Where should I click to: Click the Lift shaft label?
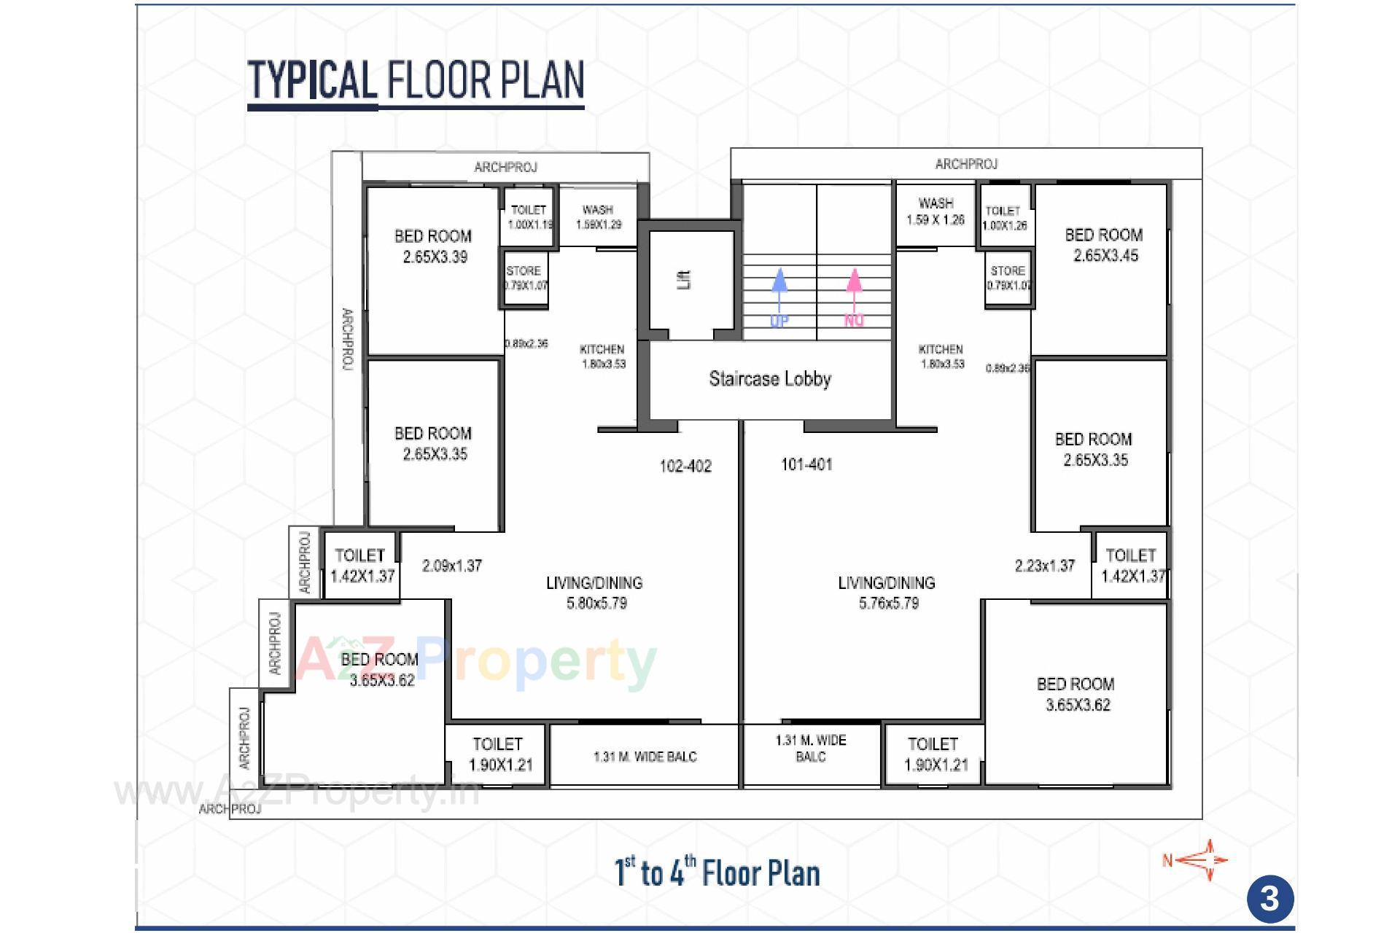click(x=684, y=280)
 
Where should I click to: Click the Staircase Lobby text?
click(x=770, y=379)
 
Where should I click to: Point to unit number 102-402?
click(x=685, y=466)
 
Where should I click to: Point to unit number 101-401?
click(x=806, y=465)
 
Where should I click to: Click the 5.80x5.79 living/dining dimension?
click(x=596, y=604)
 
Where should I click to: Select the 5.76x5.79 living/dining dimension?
click(x=888, y=604)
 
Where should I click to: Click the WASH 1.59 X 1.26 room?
click(x=936, y=211)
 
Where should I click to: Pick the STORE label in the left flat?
click(x=524, y=271)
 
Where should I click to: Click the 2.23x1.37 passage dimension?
click(x=1044, y=566)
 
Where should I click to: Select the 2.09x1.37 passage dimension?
click(x=452, y=566)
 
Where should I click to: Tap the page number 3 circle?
click(x=1269, y=899)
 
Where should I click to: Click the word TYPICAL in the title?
click(x=312, y=80)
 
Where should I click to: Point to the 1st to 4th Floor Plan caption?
click(x=717, y=873)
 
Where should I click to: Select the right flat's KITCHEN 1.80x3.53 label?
click(x=941, y=356)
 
